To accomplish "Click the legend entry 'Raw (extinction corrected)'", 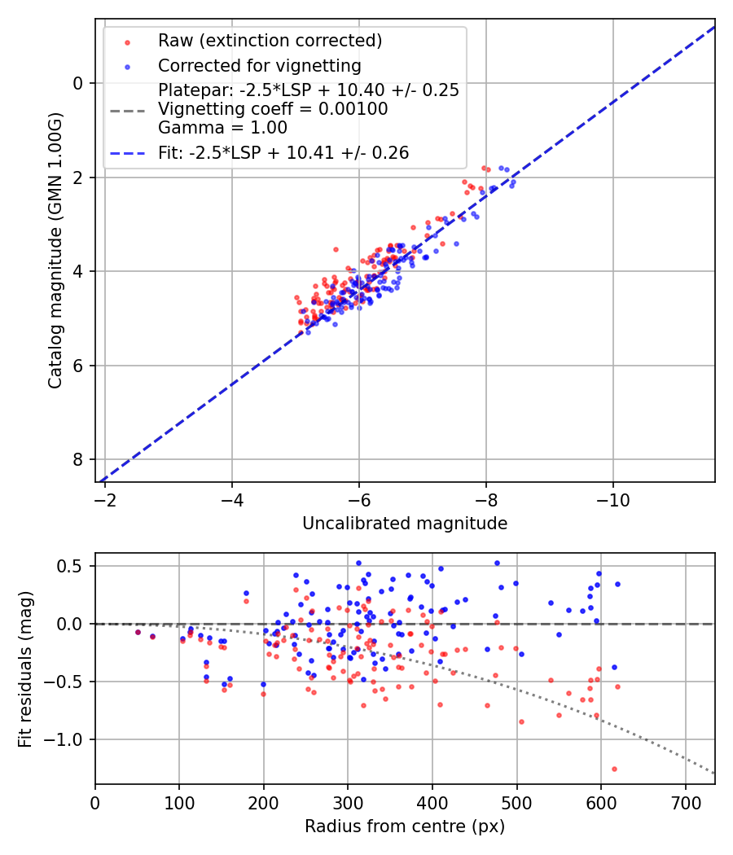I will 270,41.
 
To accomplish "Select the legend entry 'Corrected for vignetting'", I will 259,65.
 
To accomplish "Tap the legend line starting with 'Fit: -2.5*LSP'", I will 283,152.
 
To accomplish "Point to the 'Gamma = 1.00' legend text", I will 222,127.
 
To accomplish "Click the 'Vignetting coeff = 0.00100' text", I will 273,109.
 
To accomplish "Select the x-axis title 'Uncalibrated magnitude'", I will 405,524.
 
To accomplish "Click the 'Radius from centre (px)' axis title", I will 405,826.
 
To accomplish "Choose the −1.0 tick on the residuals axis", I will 69,739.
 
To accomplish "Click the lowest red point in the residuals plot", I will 614,769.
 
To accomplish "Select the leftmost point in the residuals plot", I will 138,632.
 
